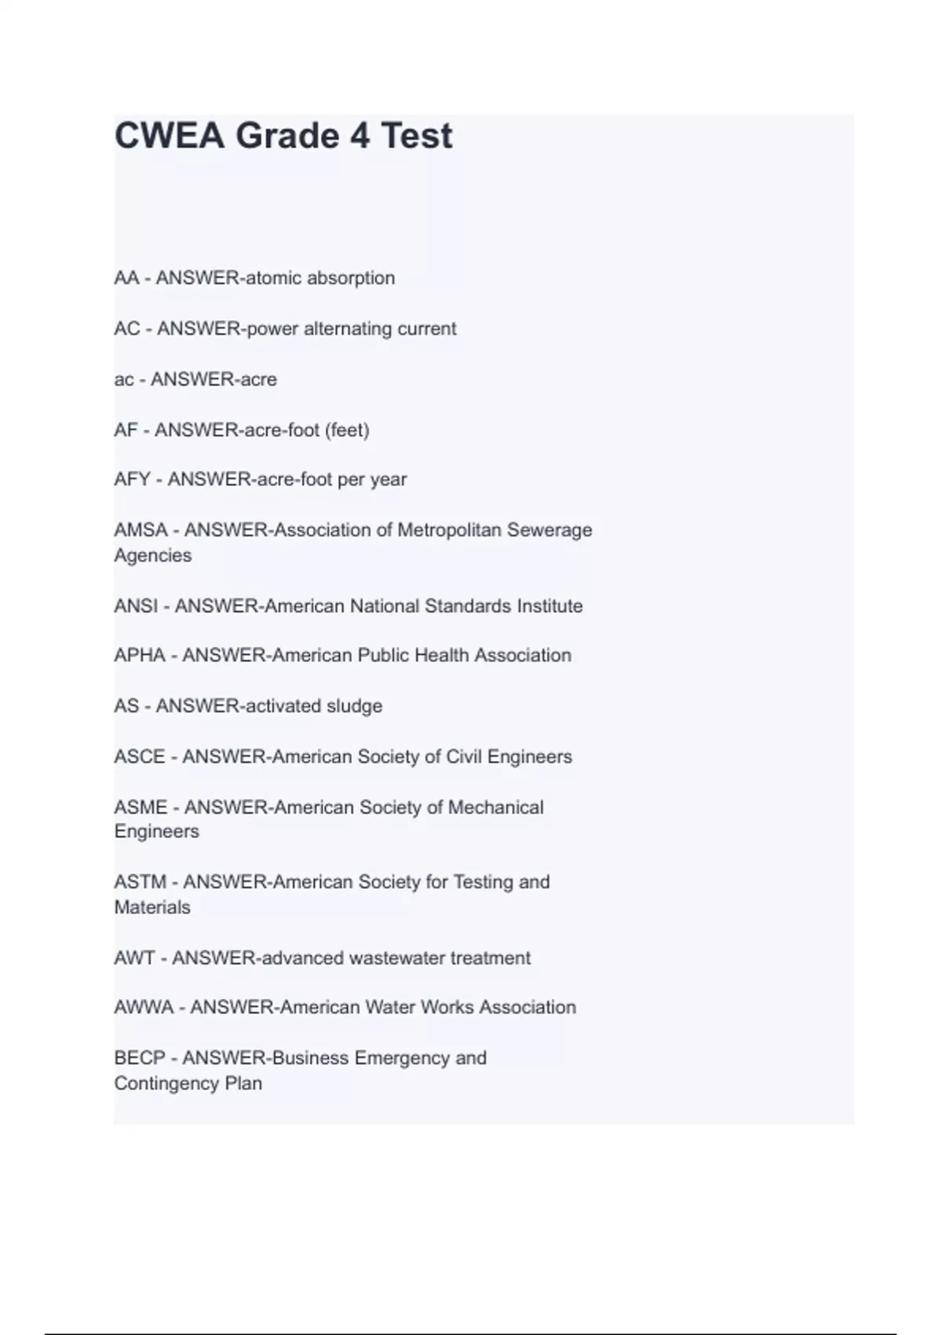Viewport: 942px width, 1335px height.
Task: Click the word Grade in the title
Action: click(287, 136)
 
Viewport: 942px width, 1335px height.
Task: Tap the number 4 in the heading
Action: click(360, 136)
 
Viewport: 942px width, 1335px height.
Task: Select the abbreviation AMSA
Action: click(141, 530)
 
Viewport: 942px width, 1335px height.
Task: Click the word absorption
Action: click(351, 278)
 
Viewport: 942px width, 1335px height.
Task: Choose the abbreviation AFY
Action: click(132, 479)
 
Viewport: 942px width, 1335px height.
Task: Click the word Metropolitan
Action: click(449, 530)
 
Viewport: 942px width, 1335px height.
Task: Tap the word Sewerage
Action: click(549, 530)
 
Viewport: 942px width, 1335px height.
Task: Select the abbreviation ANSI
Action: click(136, 606)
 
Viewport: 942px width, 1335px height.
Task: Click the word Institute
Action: click(549, 606)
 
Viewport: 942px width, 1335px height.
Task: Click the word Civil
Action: click(464, 757)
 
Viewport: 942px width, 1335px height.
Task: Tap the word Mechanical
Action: click(495, 807)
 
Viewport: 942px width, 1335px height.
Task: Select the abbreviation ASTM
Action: click(141, 882)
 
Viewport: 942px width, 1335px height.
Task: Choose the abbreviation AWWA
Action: click(144, 1008)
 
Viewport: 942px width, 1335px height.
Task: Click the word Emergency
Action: click(401, 1059)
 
